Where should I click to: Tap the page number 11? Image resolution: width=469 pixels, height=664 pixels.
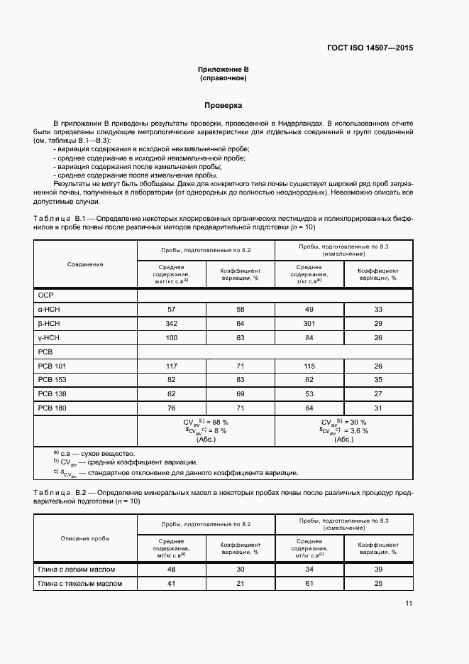[x=409, y=604]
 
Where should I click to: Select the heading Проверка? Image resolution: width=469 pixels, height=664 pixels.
[x=224, y=105]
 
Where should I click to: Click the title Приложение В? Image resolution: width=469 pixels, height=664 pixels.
[x=224, y=69]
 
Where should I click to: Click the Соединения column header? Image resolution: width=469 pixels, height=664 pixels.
[x=85, y=264]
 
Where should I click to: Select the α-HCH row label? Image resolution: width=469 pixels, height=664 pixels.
[x=48, y=310]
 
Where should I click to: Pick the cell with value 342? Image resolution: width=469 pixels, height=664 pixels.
[x=170, y=323]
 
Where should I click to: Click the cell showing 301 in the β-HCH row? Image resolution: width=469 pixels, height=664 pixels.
[x=309, y=323]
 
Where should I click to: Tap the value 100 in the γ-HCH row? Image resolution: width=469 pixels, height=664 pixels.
[x=170, y=337]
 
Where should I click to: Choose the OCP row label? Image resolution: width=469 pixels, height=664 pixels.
[x=45, y=295]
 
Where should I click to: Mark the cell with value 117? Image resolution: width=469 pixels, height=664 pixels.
[x=170, y=366]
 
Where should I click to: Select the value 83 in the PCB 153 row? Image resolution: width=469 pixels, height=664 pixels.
[x=239, y=380]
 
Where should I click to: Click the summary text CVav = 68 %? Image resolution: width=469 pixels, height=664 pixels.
[x=204, y=422]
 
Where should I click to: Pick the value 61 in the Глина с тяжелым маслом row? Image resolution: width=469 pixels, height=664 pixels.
[x=309, y=584]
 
